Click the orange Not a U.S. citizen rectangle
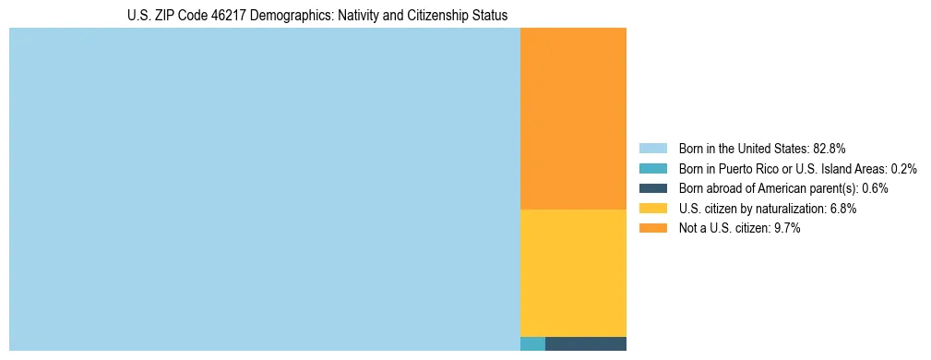573,118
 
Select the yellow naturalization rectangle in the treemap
573,272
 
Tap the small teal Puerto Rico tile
532,343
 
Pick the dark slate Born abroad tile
586,343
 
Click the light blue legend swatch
652,148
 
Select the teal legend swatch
652,168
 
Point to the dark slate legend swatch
652,188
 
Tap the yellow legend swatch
652,209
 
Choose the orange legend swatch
652,229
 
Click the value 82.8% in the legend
829,148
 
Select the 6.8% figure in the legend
841,209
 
